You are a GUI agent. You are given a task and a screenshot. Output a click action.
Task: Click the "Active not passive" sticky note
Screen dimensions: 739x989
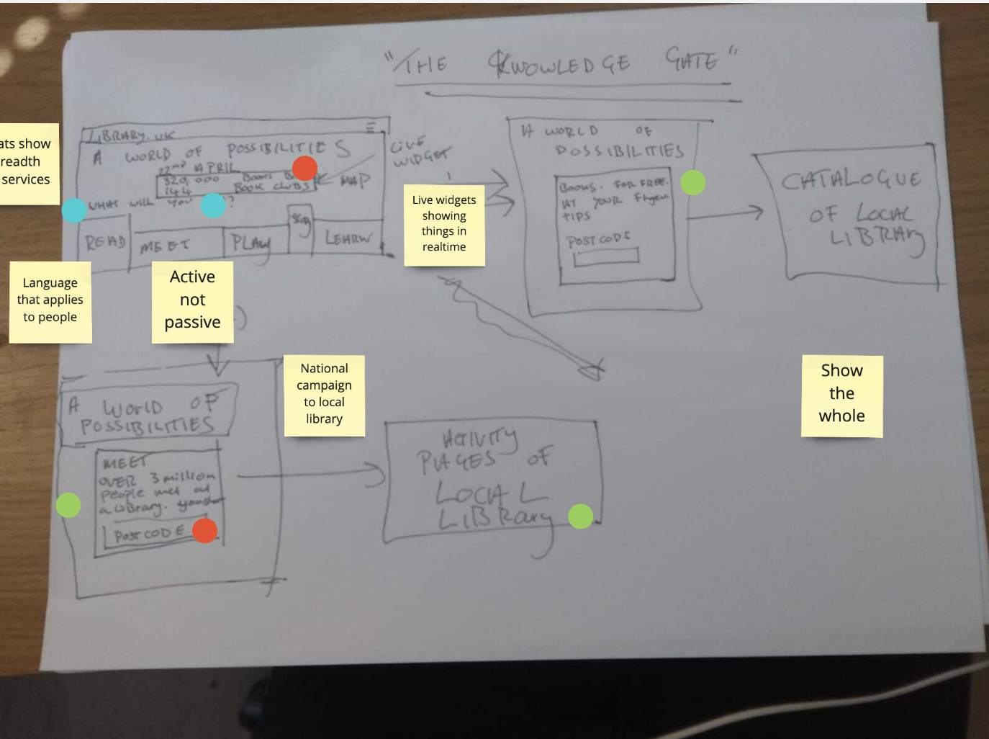pos(192,300)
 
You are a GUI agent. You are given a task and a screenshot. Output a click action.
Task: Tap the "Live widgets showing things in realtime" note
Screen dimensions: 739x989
pos(444,224)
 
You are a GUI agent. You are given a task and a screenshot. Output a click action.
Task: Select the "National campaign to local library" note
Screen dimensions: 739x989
pos(324,394)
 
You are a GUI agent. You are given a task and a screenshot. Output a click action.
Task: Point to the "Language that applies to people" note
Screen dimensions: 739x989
pos(50,300)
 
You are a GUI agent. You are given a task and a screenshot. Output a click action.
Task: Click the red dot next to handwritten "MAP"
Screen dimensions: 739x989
pos(305,169)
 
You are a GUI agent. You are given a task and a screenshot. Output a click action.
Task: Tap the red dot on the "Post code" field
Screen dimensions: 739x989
pos(205,531)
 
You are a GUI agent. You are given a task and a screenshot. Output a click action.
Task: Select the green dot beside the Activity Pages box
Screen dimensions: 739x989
pos(581,516)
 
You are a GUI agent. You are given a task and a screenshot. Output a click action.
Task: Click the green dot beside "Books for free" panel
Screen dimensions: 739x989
pos(693,183)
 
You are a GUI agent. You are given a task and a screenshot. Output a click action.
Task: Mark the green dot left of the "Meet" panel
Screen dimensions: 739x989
pos(68,505)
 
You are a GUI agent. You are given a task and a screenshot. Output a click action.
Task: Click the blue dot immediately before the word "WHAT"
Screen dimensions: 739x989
pos(74,210)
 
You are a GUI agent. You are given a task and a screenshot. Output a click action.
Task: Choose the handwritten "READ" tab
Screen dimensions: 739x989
pos(105,243)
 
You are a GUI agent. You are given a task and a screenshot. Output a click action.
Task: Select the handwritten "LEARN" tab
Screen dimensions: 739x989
pos(348,238)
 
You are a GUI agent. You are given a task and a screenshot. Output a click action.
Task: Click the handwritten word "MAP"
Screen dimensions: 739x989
pos(356,181)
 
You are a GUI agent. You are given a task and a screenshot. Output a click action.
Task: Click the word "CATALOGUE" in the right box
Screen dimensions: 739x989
pos(851,179)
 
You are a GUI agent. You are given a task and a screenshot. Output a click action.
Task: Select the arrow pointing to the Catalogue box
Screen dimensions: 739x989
pos(726,213)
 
